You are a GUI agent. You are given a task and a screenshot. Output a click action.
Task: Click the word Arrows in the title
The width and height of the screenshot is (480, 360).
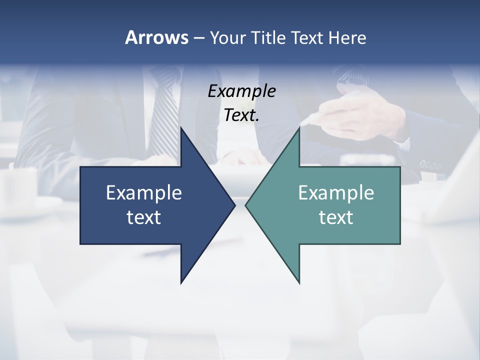[x=156, y=37]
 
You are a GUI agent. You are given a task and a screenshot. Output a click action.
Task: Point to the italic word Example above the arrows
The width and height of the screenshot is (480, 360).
[x=241, y=91]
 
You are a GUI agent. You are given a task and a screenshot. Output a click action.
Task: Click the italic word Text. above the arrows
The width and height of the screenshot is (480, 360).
[x=241, y=115]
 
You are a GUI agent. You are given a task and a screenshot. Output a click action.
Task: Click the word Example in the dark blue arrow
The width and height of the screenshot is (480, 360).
[x=144, y=192]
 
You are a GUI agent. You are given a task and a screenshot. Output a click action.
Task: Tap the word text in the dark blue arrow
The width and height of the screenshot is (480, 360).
[x=144, y=217]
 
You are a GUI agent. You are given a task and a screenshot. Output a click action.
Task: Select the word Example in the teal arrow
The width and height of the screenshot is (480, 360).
[x=336, y=192]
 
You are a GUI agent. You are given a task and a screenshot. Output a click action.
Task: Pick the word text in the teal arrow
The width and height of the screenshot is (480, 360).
[x=336, y=217]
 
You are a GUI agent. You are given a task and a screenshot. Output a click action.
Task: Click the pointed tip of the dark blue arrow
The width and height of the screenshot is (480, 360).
[x=234, y=205]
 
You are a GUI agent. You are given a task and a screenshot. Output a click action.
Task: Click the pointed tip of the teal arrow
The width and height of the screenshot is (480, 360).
[x=246, y=205]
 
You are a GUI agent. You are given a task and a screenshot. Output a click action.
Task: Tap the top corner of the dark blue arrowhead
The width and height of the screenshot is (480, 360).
[x=181, y=128]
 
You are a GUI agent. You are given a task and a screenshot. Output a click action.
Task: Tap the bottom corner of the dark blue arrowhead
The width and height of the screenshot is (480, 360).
[x=181, y=282]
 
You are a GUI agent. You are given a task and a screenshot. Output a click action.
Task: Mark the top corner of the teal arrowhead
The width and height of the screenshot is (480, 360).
[x=299, y=128]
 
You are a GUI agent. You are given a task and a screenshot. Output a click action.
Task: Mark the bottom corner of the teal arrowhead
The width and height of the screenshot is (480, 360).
[x=299, y=282]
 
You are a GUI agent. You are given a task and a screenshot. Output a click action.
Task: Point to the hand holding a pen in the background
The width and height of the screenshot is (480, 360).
[x=350, y=115]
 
